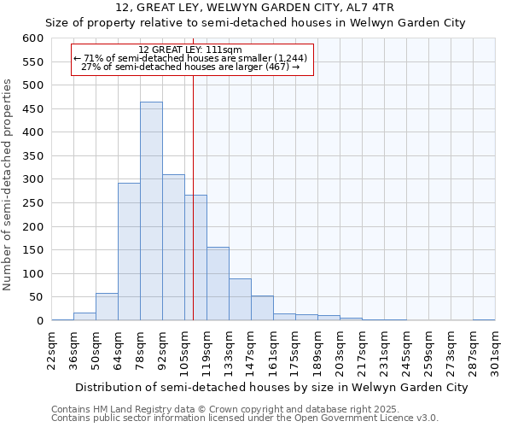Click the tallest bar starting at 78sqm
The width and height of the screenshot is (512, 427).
click(151, 212)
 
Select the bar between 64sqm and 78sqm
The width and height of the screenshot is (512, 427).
click(129, 252)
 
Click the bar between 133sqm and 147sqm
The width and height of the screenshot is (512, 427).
click(240, 300)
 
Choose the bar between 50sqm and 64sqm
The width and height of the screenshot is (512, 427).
click(107, 307)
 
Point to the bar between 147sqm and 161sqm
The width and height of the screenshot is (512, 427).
click(262, 308)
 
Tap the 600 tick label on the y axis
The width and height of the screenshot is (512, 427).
click(32, 38)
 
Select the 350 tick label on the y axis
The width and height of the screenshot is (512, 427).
click(32, 156)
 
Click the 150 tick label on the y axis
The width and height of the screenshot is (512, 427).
click(32, 250)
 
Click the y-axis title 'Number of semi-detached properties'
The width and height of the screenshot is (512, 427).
click(8, 184)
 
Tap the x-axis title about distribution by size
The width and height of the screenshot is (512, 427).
click(259, 388)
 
